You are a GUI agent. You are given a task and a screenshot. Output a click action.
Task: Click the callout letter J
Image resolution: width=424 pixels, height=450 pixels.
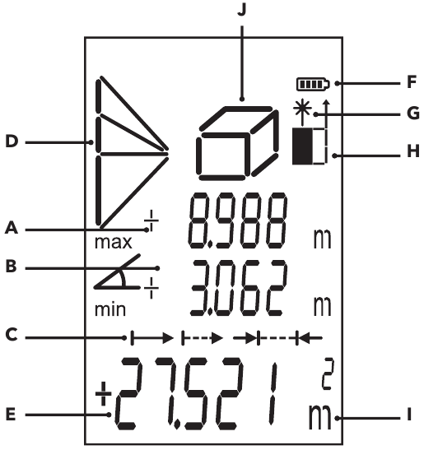click(240, 11)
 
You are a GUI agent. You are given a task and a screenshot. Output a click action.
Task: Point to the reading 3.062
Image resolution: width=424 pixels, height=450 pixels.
click(238, 289)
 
